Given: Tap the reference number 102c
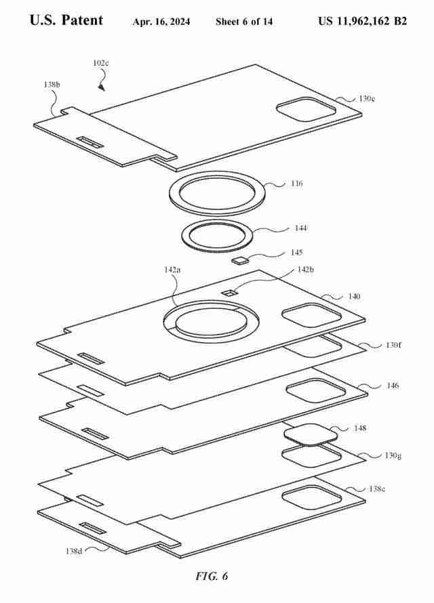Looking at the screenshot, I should [101, 63].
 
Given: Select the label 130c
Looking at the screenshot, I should [367, 98].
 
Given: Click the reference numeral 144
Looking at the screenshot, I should [300, 228].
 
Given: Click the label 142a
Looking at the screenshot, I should [173, 269].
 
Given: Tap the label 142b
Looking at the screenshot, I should [306, 269].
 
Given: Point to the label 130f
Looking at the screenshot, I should [394, 345].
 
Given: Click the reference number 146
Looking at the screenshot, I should [393, 386].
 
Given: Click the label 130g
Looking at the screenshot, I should [393, 455].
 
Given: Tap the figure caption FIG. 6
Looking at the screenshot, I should [212, 577].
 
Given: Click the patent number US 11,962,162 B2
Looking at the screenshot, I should [362, 21].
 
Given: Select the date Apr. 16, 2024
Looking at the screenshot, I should [161, 22].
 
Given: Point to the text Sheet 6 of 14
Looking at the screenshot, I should [244, 22].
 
